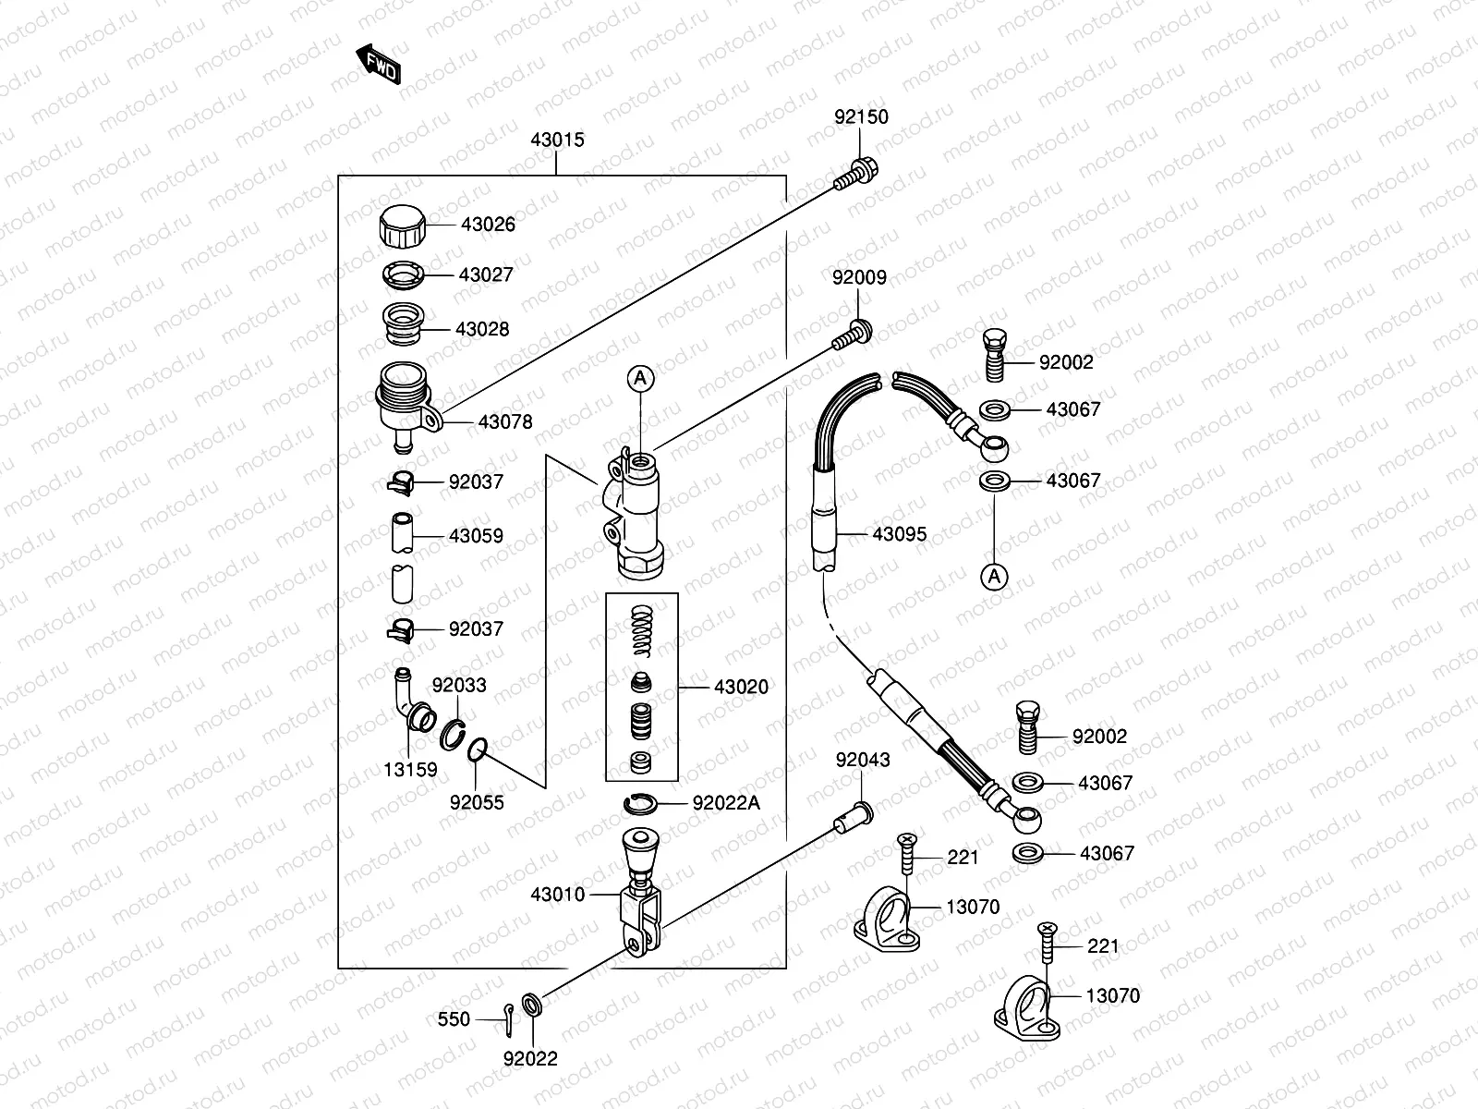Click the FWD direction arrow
click(379, 64)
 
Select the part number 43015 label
click(557, 140)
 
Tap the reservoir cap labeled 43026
click(404, 225)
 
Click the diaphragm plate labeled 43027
click(404, 274)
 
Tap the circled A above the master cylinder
click(642, 377)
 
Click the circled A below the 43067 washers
click(994, 577)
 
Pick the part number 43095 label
click(899, 534)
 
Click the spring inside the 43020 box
click(641, 630)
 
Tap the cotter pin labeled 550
click(510, 1015)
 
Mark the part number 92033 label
click(459, 686)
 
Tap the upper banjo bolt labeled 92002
click(994, 354)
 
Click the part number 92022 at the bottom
click(530, 1059)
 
